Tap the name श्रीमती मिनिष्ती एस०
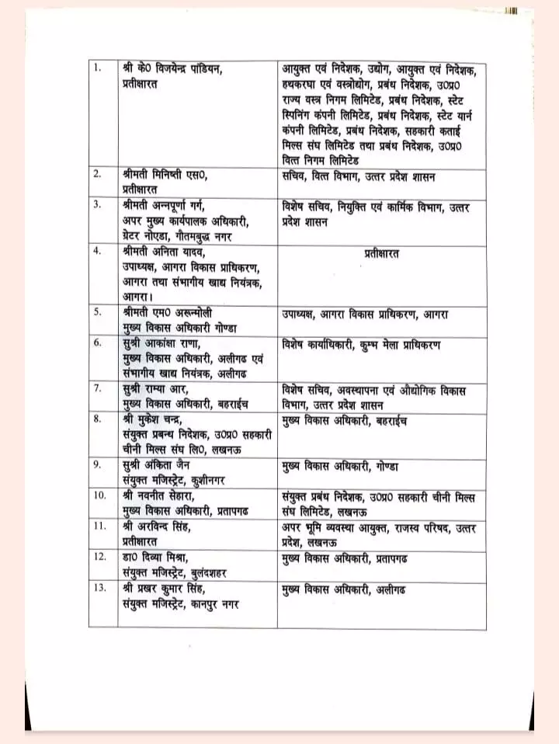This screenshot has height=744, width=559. coord(165,174)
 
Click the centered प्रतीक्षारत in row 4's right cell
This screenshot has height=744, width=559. coord(382,252)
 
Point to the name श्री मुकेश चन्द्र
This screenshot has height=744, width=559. coord(157,420)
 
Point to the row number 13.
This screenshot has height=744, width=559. coord(99,587)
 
